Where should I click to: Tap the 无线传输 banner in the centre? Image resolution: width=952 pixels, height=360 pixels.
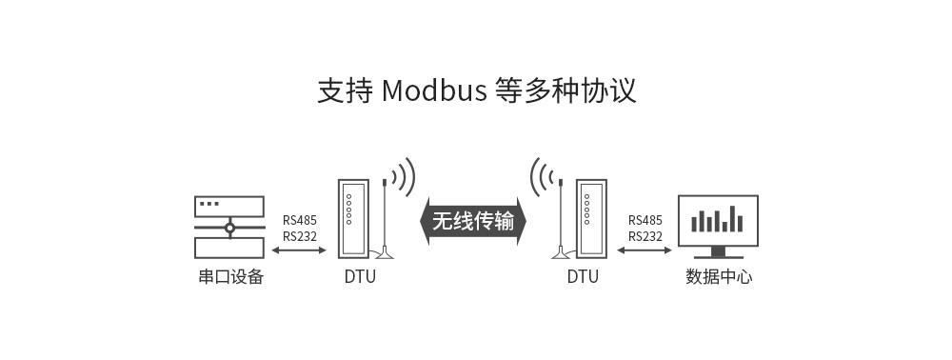[473, 221]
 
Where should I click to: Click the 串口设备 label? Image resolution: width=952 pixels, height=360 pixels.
[230, 278]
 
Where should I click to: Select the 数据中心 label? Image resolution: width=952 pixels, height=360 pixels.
[719, 278]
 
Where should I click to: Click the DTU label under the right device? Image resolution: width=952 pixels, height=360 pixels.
[583, 278]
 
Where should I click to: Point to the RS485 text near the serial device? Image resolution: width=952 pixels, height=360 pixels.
[300, 219]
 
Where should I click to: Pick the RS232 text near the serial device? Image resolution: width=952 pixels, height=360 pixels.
[300, 236]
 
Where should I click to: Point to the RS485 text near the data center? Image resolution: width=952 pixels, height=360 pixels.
[645, 219]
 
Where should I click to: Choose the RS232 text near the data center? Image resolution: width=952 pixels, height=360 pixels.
[645, 236]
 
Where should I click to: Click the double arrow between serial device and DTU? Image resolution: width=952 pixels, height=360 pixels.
[299, 251]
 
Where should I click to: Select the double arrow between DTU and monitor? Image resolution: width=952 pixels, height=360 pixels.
[645, 251]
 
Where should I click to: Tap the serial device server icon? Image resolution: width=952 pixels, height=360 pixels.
[229, 228]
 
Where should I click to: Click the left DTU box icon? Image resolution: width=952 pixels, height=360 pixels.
[351, 218]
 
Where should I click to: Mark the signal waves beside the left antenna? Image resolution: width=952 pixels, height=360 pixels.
[406, 177]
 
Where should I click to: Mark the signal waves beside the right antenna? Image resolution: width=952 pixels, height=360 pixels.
[541, 177]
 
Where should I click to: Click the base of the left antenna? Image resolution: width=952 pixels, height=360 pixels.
[385, 254]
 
